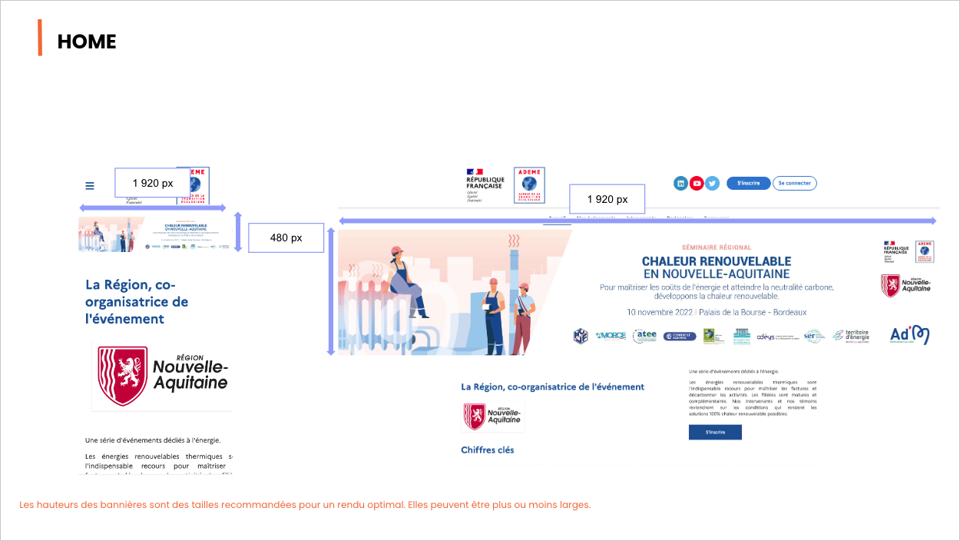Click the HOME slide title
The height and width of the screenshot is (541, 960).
pyautogui.click(x=87, y=41)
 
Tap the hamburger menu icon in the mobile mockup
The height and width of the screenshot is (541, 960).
pyautogui.click(x=90, y=185)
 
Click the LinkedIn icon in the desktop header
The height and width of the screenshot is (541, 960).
pyautogui.click(x=680, y=183)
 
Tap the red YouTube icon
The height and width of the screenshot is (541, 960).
pyautogui.click(x=697, y=183)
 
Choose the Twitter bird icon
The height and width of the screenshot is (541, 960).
pyautogui.click(x=712, y=183)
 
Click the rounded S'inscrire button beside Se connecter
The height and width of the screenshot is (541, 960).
pyautogui.click(x=748, y=183)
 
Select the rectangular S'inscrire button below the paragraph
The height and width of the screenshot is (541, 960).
pyautogui.click(x=715, y=432)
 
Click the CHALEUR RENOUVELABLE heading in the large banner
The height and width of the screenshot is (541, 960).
pyautogui.click(x=717, y=261)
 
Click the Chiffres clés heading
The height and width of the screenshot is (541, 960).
pyautogui.click(x=488, y=450)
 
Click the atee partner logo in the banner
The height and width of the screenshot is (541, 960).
pyautogui.click(x=644, y=336)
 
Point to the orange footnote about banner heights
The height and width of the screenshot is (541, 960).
pyautogui.click(x=305, y=505)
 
